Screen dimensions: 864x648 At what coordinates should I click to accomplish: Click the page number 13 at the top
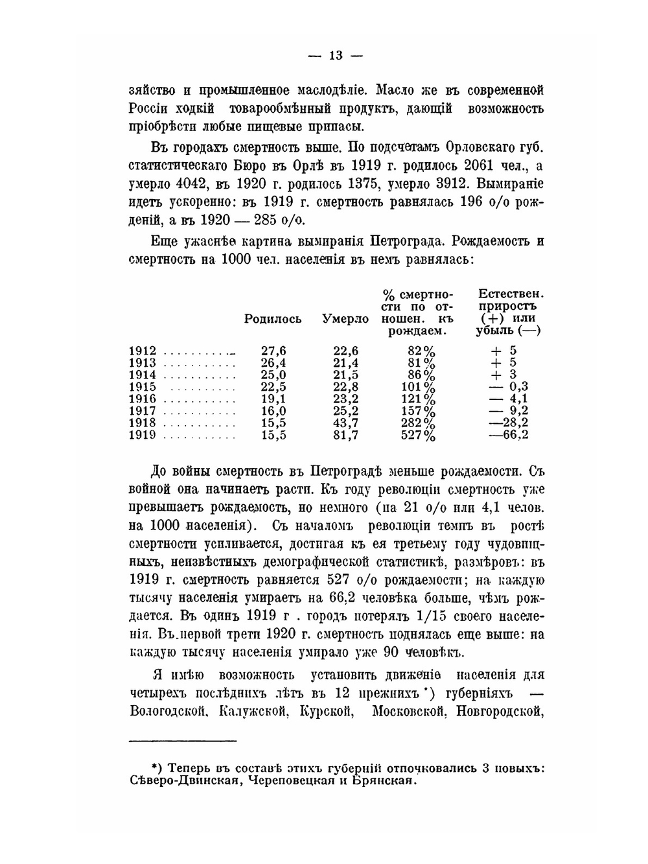[x=335, y=56]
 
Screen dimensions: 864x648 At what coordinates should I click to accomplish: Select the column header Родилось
[x=273, y=319]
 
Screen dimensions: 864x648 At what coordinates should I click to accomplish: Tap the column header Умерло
[x=345, y=319]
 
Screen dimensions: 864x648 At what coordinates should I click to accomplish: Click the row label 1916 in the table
[x=143, y=399]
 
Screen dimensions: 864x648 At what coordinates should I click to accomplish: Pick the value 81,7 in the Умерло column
[x=345, y=435]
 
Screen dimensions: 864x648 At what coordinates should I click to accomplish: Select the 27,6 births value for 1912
[x=273, y=351]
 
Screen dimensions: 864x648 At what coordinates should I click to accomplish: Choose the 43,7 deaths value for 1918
[x=345, y=423]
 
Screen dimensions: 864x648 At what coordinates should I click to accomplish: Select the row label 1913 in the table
[x=143, y=363]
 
